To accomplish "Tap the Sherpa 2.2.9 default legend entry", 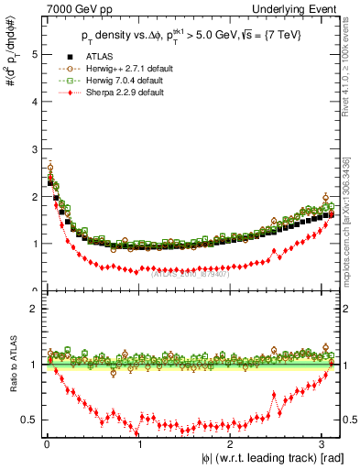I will coord(138,93).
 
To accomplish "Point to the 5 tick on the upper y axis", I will coord(33,54).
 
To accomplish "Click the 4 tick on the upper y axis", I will coord(33,102).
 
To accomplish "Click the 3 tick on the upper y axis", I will coord(33,149).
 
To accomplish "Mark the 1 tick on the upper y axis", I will coord(33,244).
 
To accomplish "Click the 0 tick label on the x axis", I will coord(47,444).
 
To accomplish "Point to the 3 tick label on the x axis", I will coord(322,444).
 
